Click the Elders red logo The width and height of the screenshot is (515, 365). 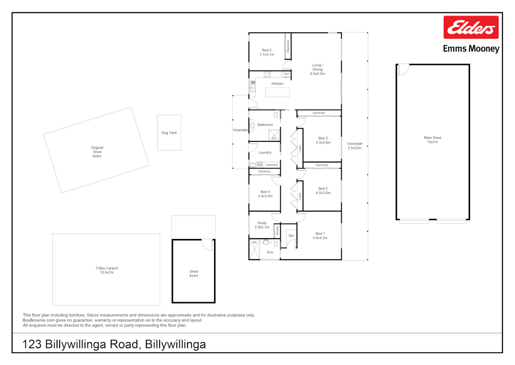[x=471, y=27]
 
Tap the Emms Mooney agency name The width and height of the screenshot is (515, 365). [x=471, y=49]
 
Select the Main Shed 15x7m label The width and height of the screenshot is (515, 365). [x=433, y=140]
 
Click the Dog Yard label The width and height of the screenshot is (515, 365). [x=169, y=133]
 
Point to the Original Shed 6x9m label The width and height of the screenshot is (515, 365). [x=97, y=152]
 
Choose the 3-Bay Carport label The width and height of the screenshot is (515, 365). [x=107, y=268]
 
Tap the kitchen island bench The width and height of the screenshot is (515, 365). [x=278, y=92]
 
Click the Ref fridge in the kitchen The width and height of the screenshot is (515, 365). [x=287, y=74]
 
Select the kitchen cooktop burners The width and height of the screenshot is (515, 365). [x=267, y=74]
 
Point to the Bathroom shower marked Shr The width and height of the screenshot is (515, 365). [x=274, y=135]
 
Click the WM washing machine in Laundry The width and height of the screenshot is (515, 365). [x=260, y=165]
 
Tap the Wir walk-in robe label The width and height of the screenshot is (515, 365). [x=291, y=236]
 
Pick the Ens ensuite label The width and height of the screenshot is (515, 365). [x=270, y=252]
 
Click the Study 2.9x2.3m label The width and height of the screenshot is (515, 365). [x=262, y=225]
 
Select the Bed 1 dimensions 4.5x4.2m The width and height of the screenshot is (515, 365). [x=320, y=238]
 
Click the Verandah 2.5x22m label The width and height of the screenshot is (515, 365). [x=354, y=146]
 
